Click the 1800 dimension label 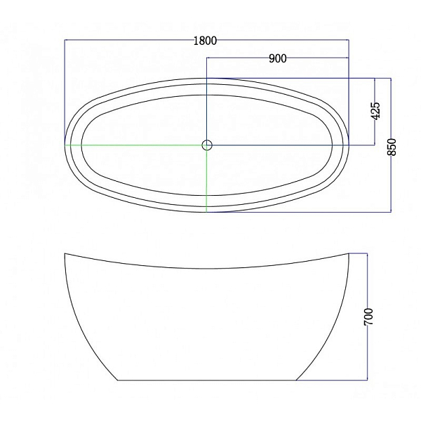205,41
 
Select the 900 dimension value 278,58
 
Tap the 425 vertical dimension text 375,111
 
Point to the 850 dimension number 392,147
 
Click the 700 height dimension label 368,317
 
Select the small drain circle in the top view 207,145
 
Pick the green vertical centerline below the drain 206,181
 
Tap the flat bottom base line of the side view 207,380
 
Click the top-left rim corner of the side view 65,253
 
